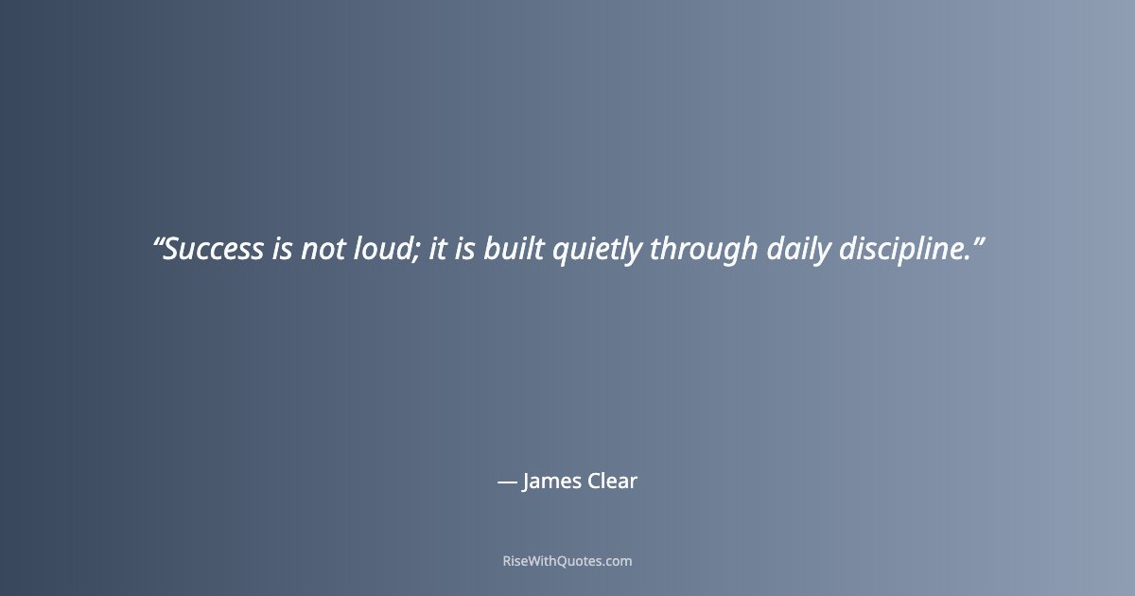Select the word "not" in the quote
tap(324, 250)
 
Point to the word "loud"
tap(382, 250)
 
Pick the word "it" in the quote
tap(436, 250)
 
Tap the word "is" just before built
tap(464, 250)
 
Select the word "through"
tap(704, 251)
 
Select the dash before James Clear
tap(507, 482)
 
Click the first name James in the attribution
tap(551, 482)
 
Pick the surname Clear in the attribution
tap(613, 482)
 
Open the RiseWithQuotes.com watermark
tap(567, 561)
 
